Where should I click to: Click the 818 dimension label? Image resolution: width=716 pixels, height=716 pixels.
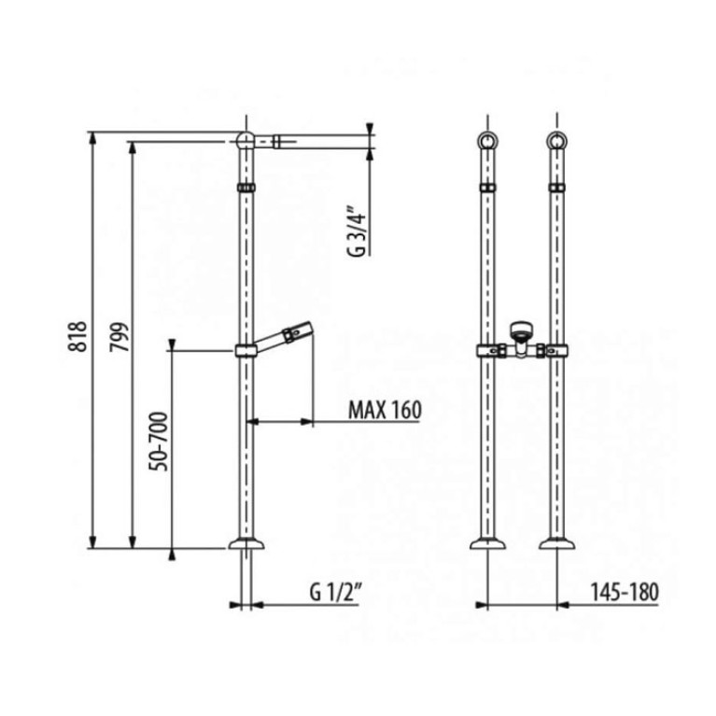77,337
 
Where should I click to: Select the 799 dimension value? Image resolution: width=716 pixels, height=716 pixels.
119,337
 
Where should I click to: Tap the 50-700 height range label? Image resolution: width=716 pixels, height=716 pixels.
159,442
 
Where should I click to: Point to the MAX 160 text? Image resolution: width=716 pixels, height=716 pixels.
385,410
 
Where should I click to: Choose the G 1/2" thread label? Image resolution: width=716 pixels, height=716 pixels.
336,592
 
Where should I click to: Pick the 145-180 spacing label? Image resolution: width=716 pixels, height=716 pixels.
625,592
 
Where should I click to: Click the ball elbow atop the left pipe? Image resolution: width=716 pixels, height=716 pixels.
246,140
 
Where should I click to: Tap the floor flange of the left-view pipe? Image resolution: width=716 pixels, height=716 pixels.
246,543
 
